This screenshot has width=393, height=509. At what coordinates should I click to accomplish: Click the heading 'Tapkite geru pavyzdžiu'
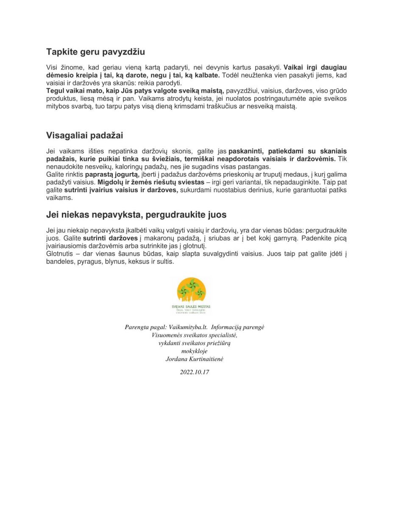[x=95, y=52]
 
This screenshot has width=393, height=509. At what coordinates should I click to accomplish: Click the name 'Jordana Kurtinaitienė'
[x=194, y=359]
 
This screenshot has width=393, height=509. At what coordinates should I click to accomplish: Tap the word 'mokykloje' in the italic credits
[x=194, y=351]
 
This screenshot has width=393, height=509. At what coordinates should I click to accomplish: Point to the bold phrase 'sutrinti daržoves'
[x=116, y=238]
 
